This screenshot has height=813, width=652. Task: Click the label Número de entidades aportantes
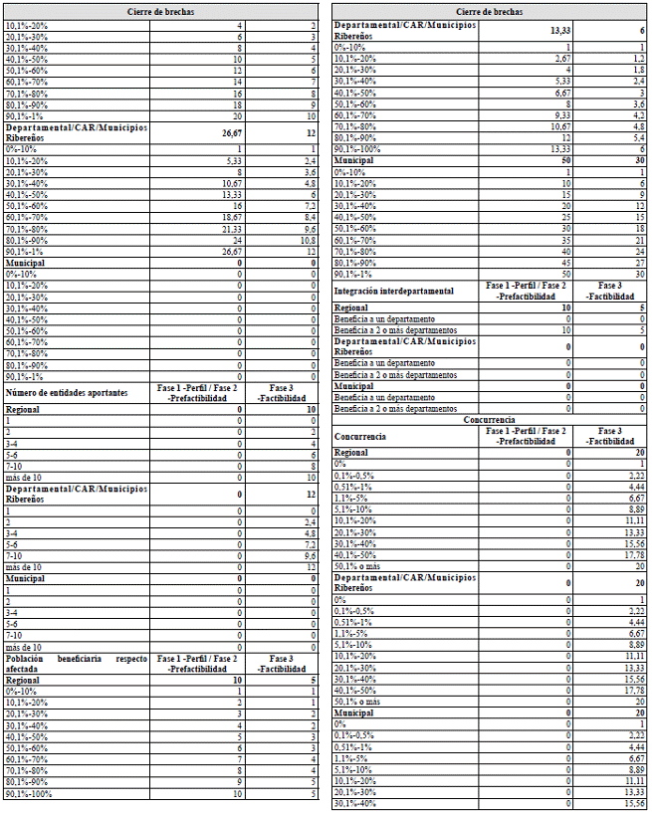pyautogui.click(x=68, y=392)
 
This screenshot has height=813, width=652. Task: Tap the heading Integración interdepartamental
pyautogui.click(x=394, y=291)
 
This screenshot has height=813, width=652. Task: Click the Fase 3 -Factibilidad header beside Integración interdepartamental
pyautogui.click(x=609, y=291)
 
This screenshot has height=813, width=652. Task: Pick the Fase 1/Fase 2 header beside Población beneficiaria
pyautogui.click(x=197, y=665)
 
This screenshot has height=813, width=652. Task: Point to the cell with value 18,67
pyautogui.click(x=230, y=217)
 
